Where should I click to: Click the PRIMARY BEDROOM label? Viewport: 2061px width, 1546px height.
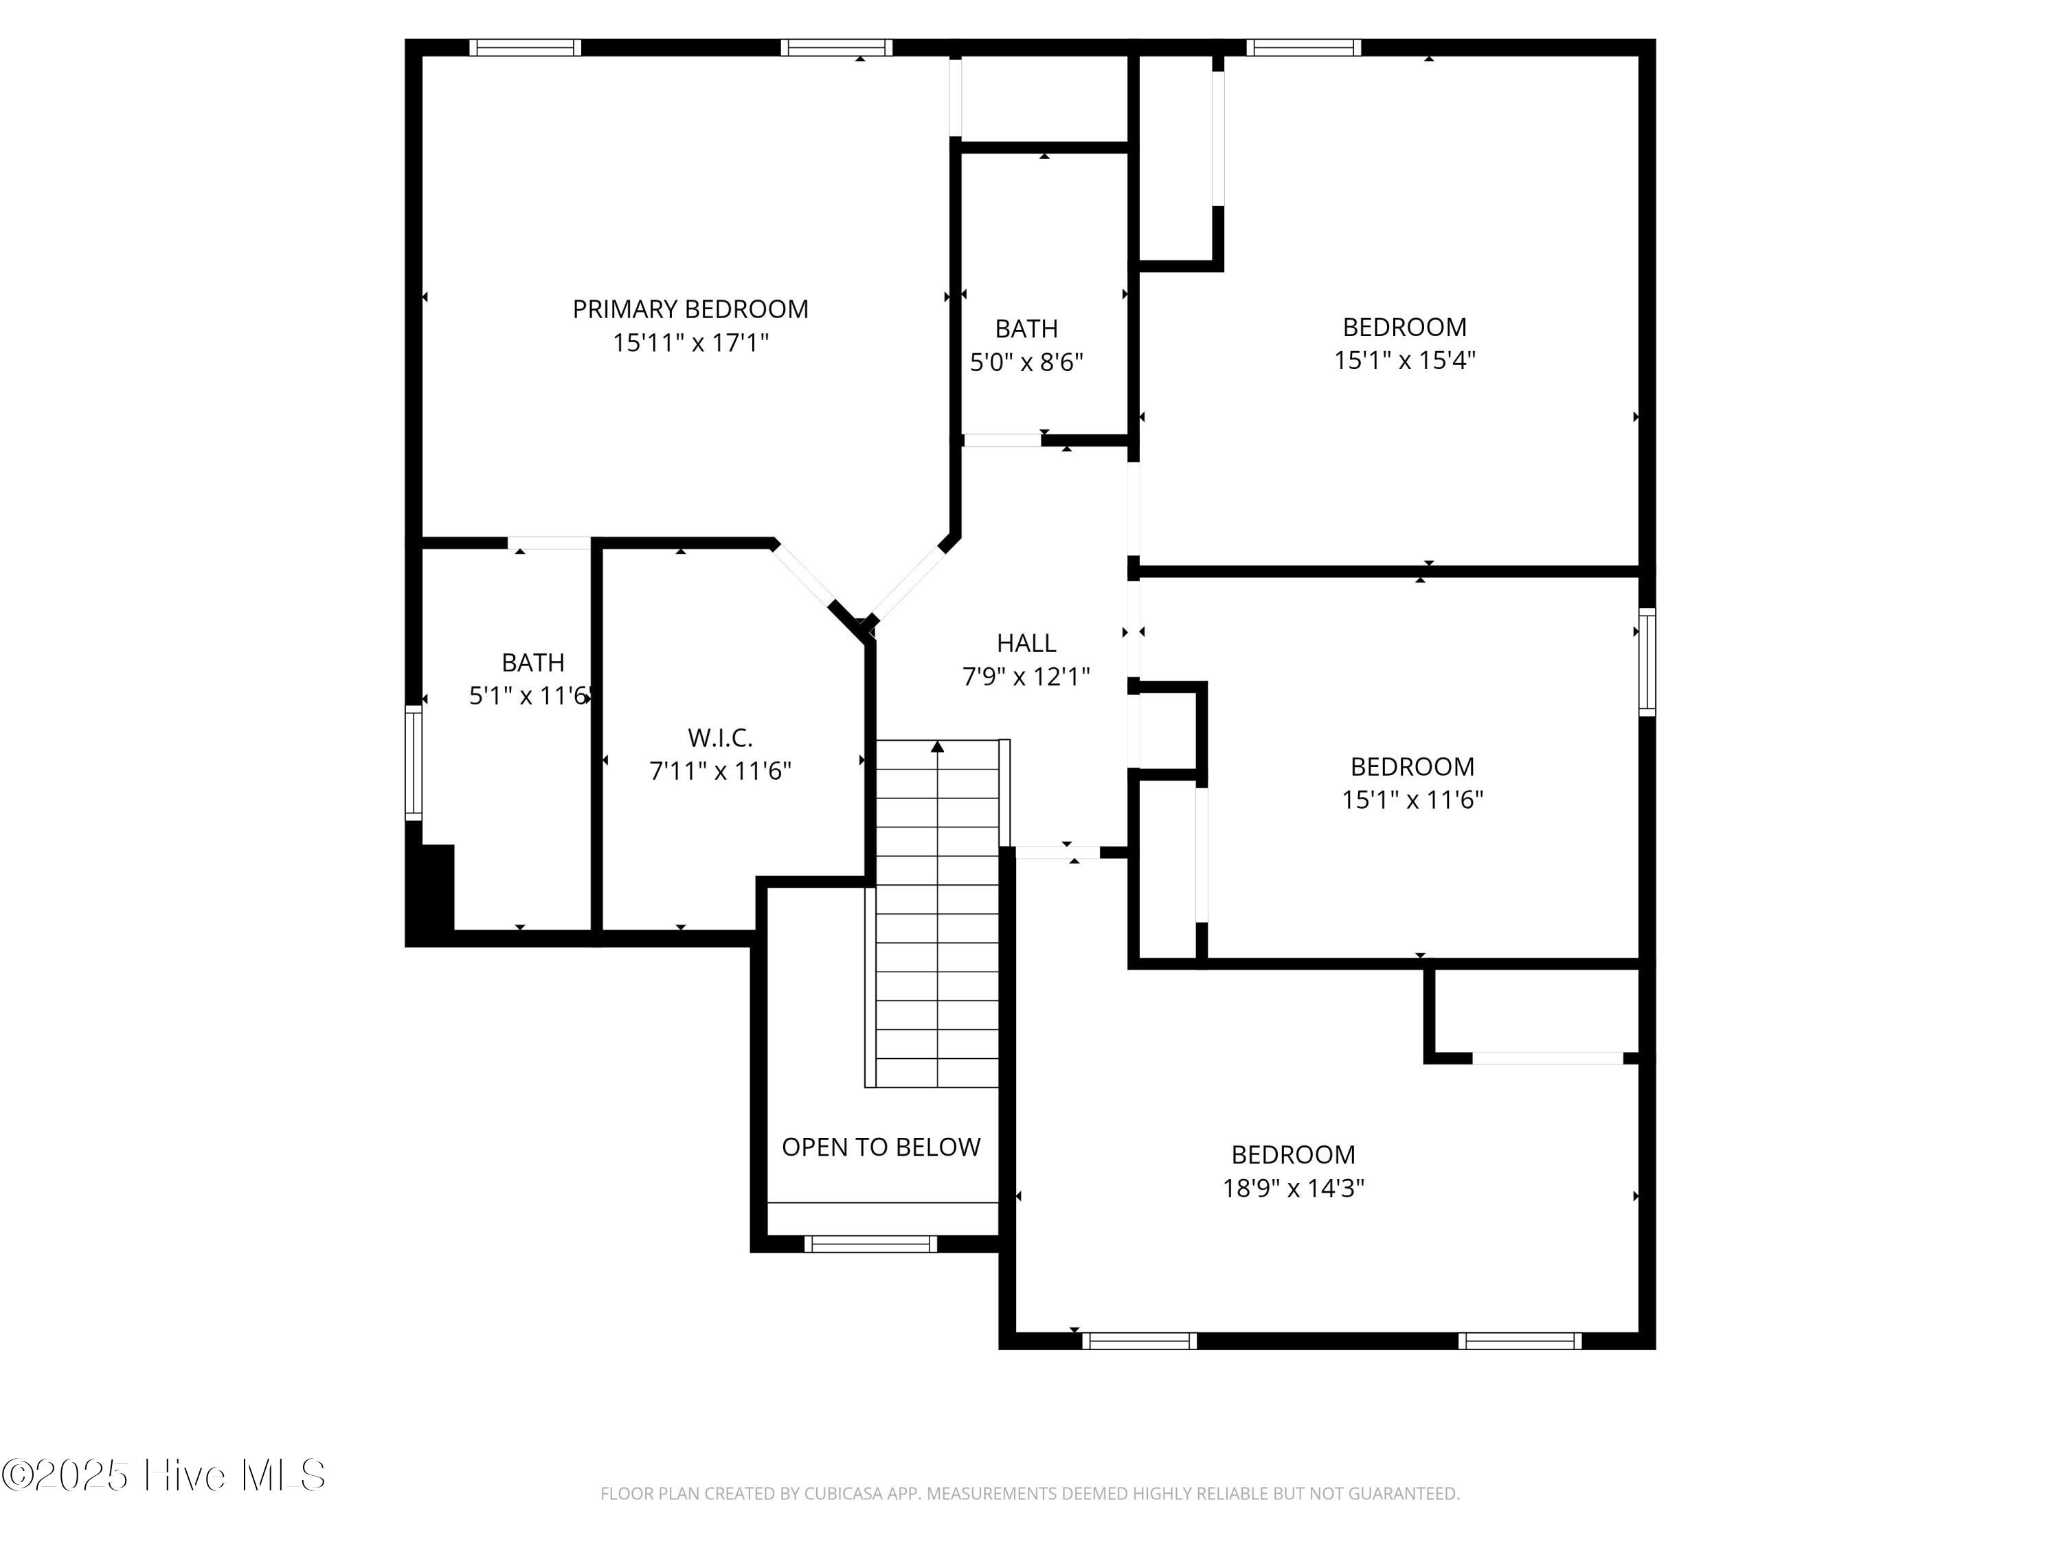(690, 309)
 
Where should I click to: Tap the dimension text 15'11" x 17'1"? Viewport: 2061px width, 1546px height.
(690, 343)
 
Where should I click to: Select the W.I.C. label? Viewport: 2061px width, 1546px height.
(719, 738)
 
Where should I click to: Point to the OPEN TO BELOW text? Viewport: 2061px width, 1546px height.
(881, 1147)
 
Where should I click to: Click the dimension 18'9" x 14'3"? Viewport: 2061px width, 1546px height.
(1292, 1188)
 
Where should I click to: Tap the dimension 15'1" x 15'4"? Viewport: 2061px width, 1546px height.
(1404, 361)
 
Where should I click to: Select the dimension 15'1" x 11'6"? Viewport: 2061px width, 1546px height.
(1412, 800)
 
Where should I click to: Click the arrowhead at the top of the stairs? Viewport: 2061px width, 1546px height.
(937, 746)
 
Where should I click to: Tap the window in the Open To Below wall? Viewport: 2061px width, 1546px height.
(870, 1243)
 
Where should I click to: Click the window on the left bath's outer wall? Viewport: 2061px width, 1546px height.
(413, 762)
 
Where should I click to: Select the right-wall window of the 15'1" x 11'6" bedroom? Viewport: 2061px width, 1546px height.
(1646, 662)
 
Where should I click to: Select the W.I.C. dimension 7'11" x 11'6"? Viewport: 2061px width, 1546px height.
(719, 772)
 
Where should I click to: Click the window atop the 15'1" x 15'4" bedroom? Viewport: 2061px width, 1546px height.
(1303, 47)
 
